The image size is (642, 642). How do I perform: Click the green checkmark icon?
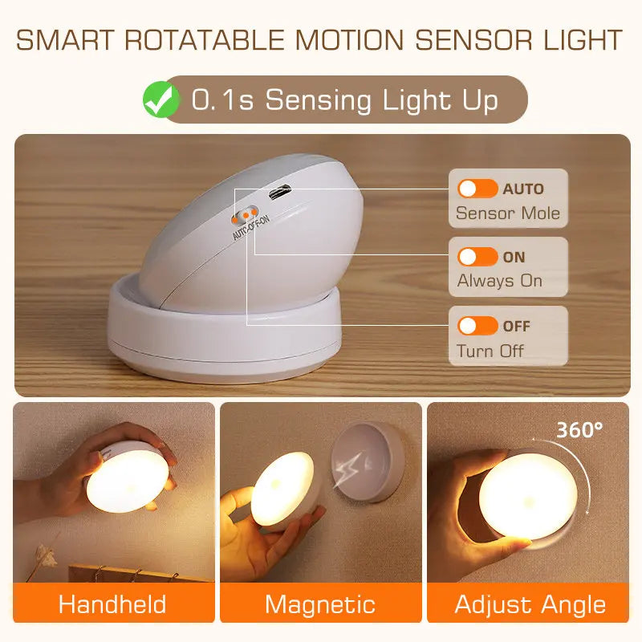coord(160,100)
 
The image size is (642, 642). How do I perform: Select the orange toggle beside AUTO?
coord(477,189)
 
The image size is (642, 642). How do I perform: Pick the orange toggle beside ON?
coord(477,258)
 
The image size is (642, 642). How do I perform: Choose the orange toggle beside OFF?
coord(477,326)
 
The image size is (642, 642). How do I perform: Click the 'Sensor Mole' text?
coord(508,213)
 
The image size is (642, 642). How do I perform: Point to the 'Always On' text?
coord(500,281)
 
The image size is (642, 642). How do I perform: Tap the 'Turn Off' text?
coord(490,351)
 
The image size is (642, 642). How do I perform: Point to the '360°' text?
coord(579,429)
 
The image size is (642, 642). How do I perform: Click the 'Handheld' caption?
coord(112,603)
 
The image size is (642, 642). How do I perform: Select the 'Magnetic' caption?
coord(320,603)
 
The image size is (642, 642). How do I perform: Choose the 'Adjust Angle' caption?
coord(530,603)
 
